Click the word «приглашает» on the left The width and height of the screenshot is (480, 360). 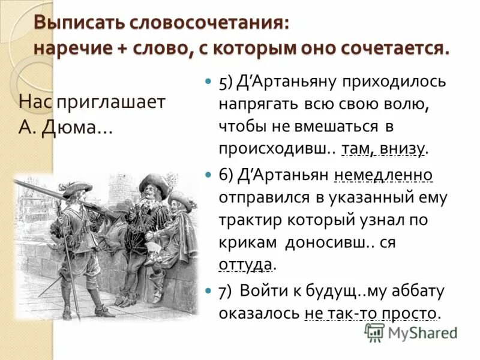pyautogui.click(x=110, y=101)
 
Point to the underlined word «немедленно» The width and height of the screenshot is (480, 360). pyautogui.click(x=383, y=175)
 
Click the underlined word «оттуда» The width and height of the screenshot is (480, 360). pyautogui.click(x=246, y=265)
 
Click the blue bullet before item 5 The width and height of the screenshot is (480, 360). pyautogui.click(x=208, y=82)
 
